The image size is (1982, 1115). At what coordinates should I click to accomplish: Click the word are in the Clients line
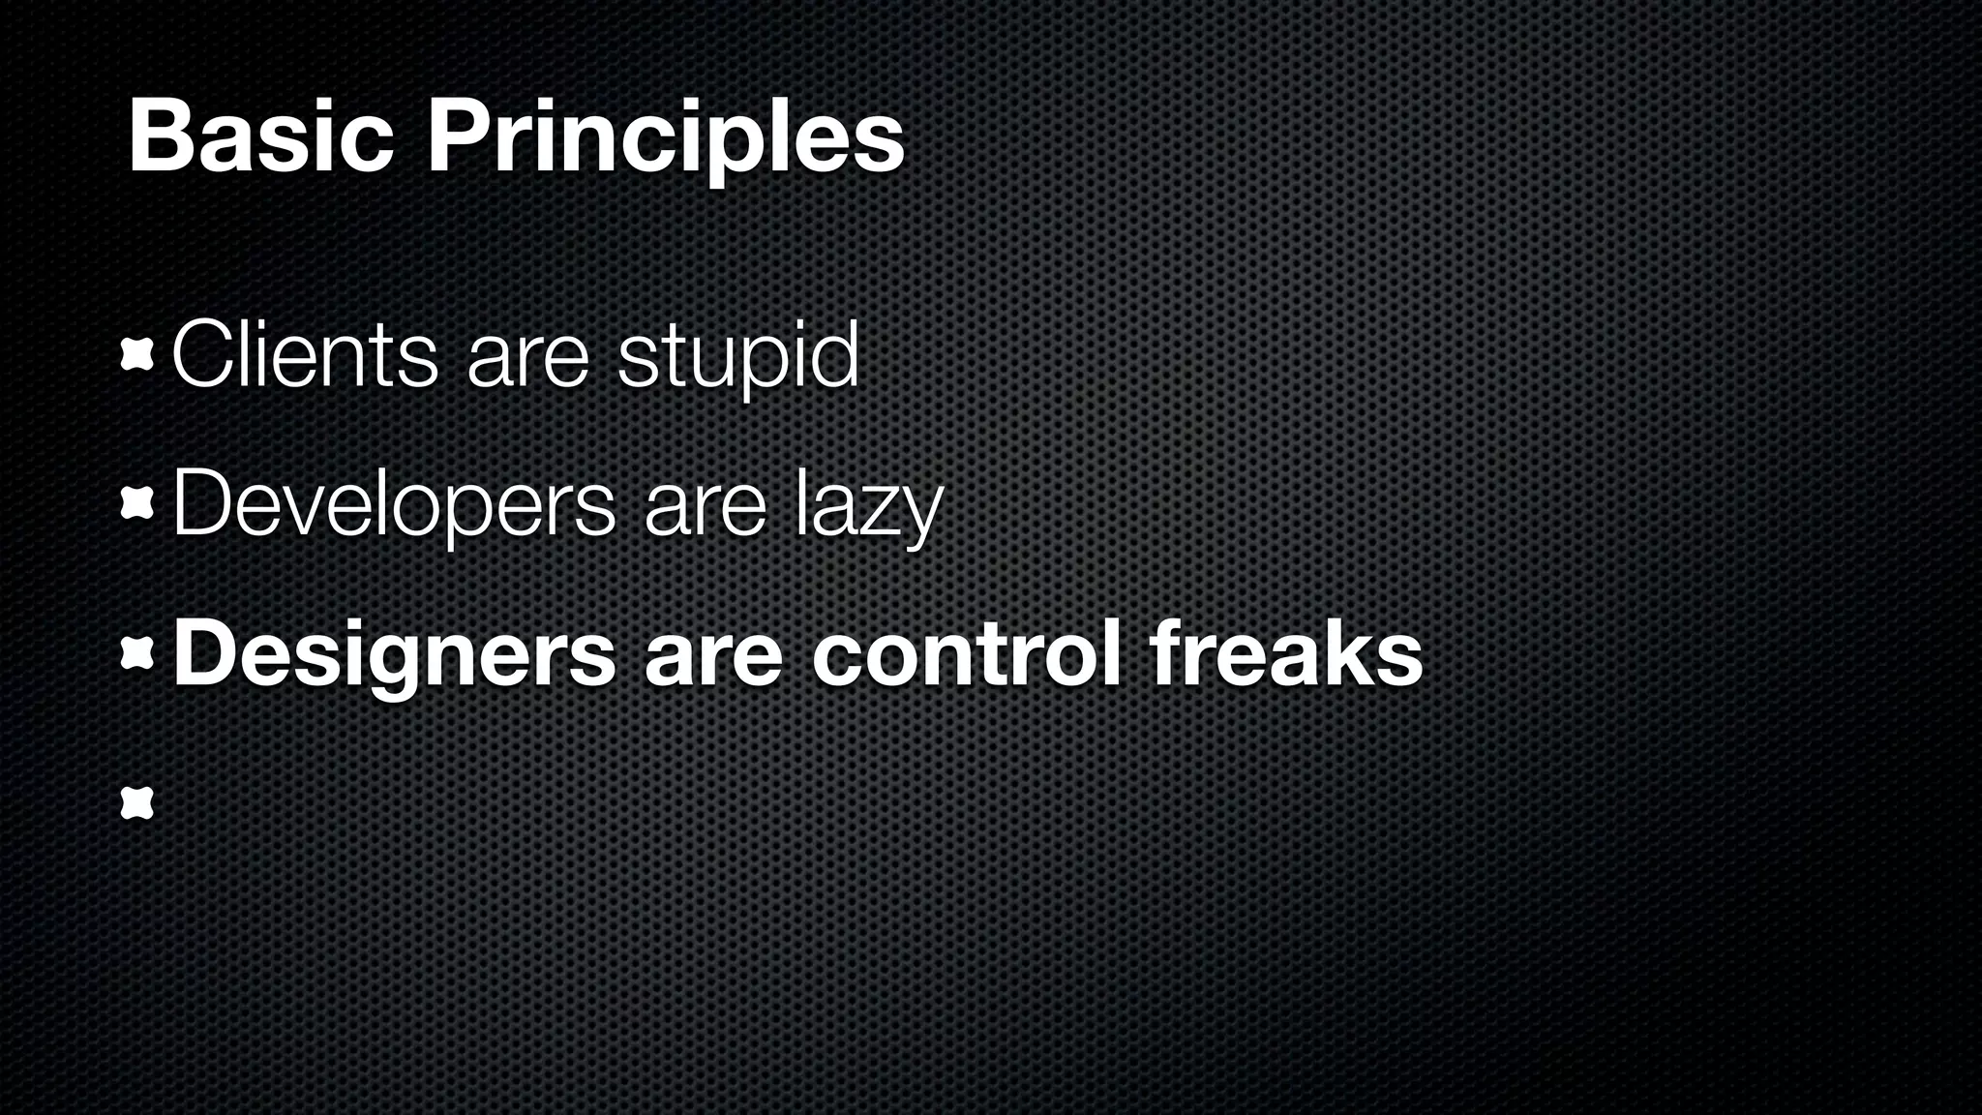pos(527,362)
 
